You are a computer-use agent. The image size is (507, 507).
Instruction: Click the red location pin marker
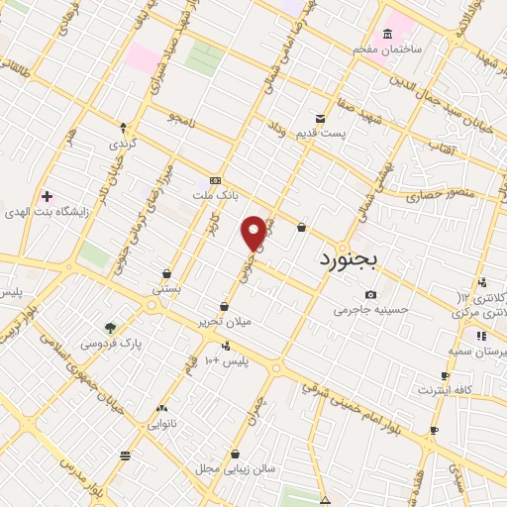point(254,233)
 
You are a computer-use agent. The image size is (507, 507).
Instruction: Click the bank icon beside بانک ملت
point(216,181)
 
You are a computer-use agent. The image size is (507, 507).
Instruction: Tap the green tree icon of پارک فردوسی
point(110,328)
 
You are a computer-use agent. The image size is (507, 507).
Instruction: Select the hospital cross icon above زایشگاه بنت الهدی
point(47,195)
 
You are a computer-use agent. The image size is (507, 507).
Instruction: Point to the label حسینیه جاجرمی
point(369,310)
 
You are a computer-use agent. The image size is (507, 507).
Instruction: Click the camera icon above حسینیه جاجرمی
point(370,294)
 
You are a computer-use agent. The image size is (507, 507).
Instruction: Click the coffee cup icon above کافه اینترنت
point(446,375)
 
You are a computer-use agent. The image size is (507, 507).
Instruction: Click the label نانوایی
point(163,423)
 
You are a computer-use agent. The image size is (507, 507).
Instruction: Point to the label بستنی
point(166,289)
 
